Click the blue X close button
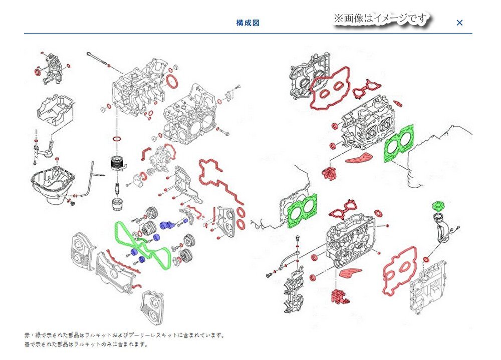(459, 23)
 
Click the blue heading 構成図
(247, 23)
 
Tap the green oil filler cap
(437, 206)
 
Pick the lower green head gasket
(302, 211)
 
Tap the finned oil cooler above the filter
(117, 164)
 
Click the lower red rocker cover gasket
(400, 268)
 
